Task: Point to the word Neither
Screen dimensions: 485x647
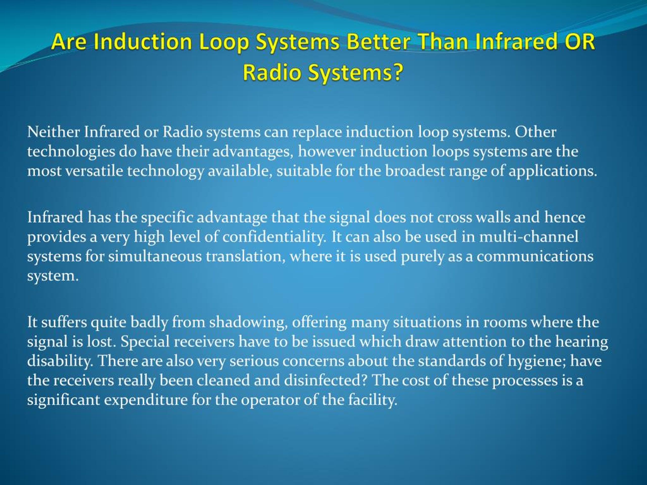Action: (54, 132)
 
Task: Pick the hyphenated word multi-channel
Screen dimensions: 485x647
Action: (528, 237)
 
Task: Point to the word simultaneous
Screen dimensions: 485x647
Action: (155, 256)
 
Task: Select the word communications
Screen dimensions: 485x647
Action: (535, 256)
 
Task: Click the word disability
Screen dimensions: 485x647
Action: (60, 361)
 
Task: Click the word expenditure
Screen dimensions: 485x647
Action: (146, 400)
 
